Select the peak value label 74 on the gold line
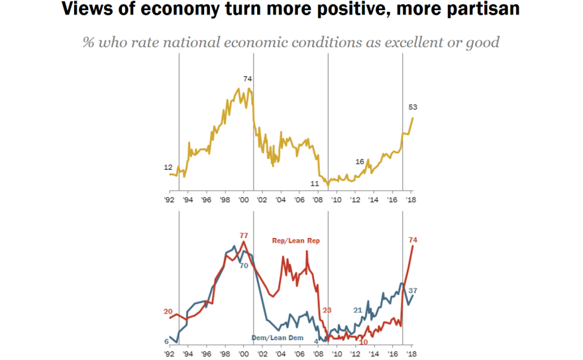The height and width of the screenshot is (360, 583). point(248,79)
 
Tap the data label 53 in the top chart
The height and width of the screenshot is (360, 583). point(413,107)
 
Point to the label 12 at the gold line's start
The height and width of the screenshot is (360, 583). point(168,168)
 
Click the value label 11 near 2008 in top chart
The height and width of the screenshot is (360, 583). point(315,183)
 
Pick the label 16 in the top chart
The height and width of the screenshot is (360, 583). point(360,162)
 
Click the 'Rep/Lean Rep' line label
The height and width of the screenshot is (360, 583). point(295,241)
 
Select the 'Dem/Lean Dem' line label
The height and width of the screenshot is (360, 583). point(278,338)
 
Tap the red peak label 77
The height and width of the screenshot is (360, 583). point(243,235)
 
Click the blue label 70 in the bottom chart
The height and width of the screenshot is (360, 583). point(244,266)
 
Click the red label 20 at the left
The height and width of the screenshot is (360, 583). point(168,312)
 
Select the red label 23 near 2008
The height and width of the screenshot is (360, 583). point(326,310)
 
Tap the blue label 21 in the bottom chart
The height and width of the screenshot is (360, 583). point(357,310)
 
